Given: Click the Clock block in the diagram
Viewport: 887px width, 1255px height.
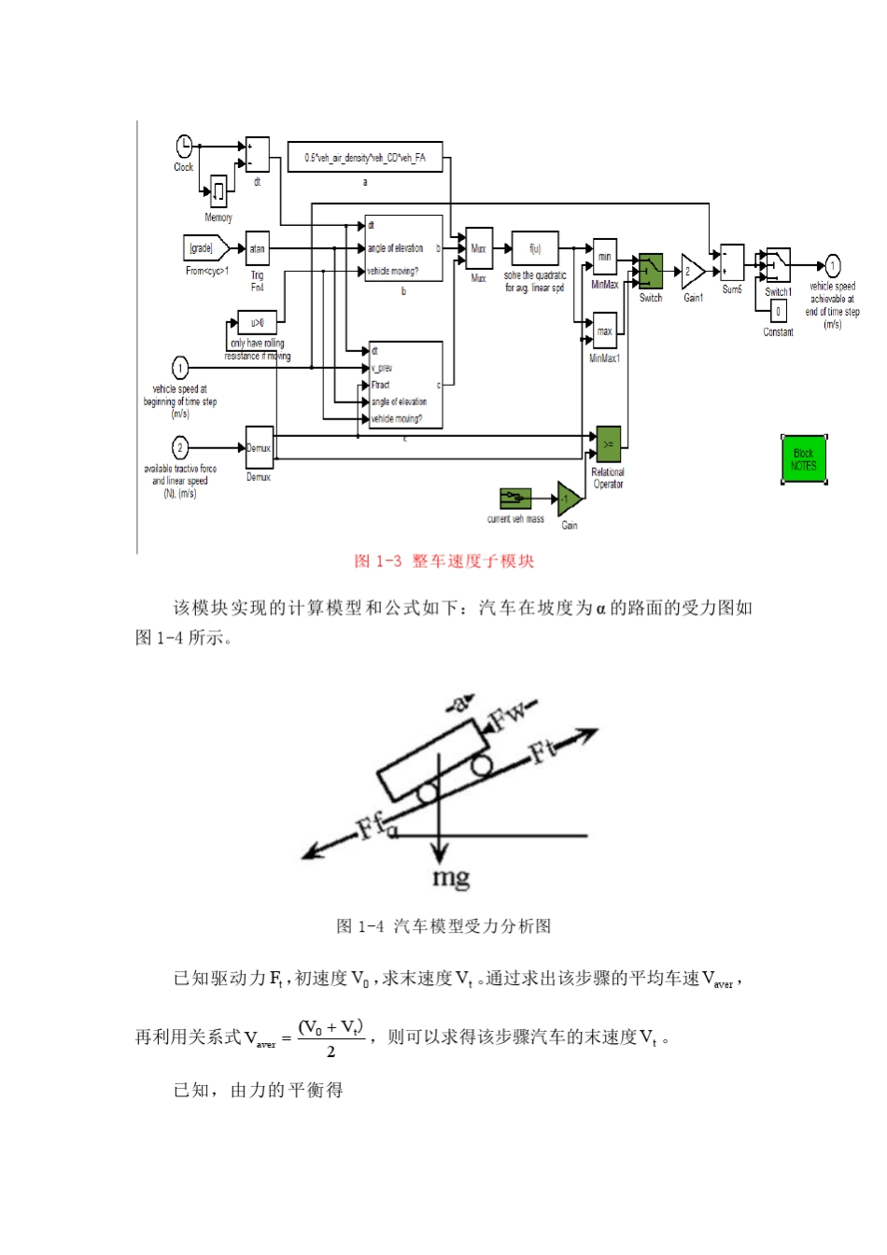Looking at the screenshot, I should tap(184, 146).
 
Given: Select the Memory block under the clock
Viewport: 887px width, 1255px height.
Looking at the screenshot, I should tap(218, 192).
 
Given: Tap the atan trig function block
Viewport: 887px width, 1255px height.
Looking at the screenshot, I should tap(257, 248).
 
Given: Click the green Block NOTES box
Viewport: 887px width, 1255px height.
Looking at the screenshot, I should tap(804, 458).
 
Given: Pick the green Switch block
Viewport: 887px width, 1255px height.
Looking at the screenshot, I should tap(651, 271).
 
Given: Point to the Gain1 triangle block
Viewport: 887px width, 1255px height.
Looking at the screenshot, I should tap(691, 272).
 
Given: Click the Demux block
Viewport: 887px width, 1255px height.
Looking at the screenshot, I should tap(259, 448).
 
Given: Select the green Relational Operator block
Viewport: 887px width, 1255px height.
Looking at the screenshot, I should tap(608, 444).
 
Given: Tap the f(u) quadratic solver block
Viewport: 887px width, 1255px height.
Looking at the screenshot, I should tap(535, 248).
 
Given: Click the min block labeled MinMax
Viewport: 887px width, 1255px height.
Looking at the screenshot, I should tap(605, 257).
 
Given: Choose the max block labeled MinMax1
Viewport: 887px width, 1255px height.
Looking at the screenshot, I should tap(605, 331).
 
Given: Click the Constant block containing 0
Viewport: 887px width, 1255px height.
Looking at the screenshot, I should tap(778, 312).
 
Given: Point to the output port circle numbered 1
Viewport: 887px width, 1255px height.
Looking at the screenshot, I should tap(832, 266).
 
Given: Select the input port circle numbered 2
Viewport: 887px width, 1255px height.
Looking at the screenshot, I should tap(180, 447).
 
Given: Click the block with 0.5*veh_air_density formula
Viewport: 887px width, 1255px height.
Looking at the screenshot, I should tap(365, 158).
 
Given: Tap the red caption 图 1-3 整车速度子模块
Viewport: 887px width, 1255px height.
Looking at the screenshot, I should tap(444, 561).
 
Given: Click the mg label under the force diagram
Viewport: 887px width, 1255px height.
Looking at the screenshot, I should tap(451, 878).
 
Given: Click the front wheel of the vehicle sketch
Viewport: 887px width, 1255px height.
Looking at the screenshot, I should tap(481, 767).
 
